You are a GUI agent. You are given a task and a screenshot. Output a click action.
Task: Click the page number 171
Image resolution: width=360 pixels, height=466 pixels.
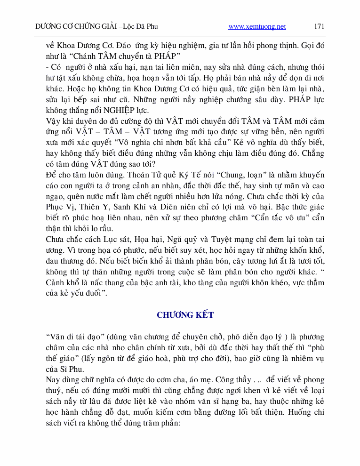pos(319,26)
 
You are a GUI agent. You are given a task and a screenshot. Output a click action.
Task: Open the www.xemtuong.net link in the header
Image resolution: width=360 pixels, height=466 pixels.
pos(257,26)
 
